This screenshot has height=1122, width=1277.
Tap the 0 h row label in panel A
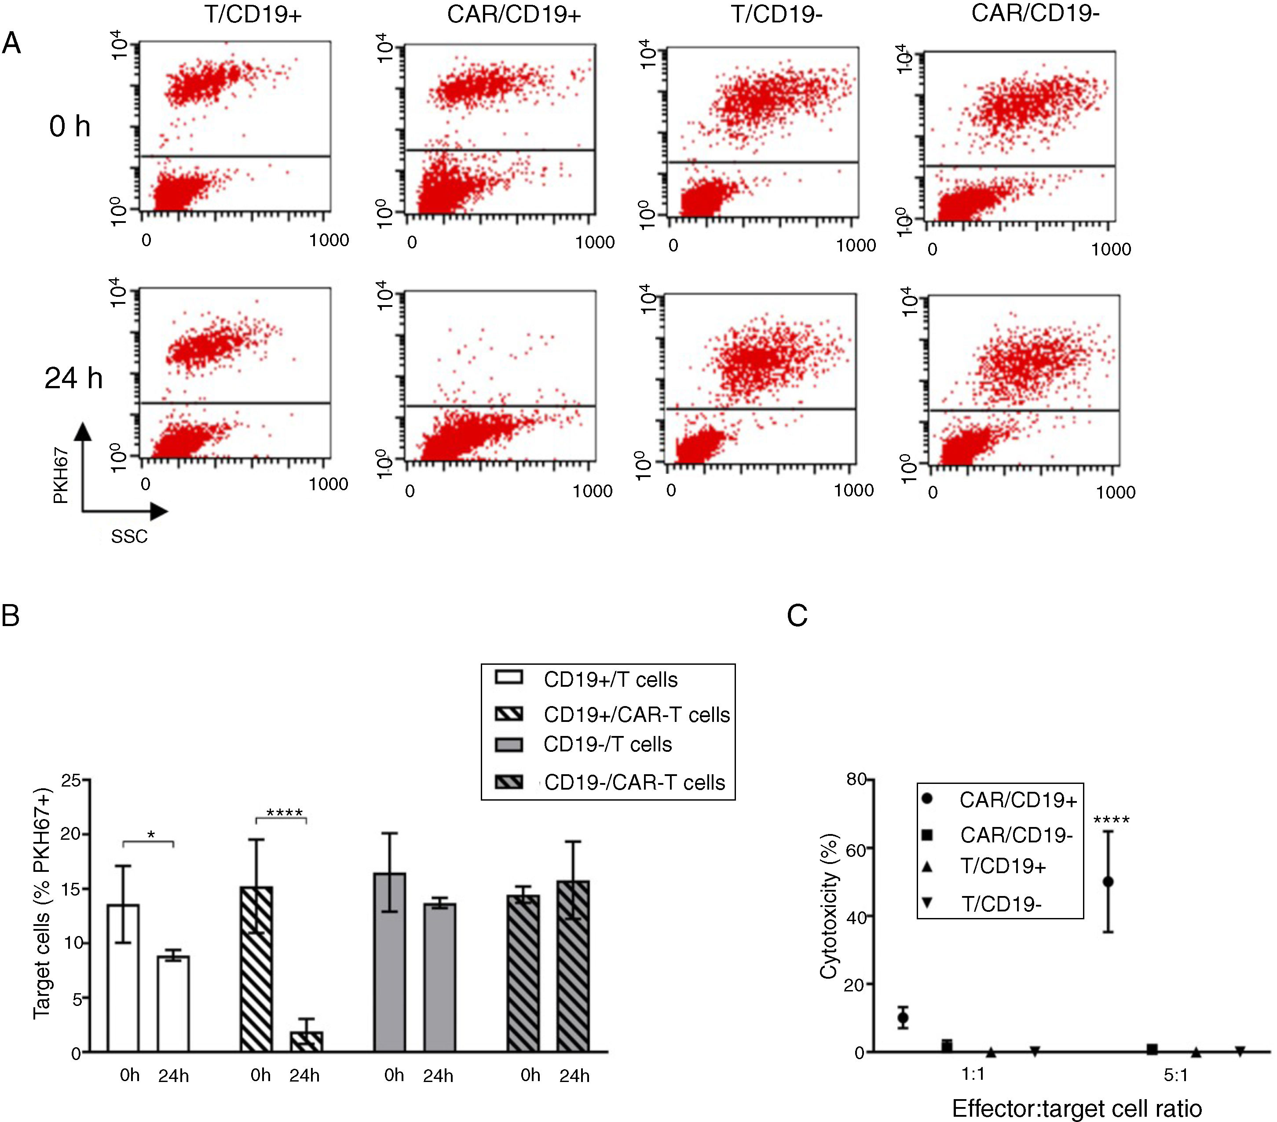(x=70, y=127)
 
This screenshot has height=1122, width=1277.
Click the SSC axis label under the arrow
(x=129, y=536)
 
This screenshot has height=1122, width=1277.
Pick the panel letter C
(x=797, y=616)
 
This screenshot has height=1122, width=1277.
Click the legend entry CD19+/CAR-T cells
(x=636, y=715)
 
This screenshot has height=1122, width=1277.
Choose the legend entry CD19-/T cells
(x=607, y=745)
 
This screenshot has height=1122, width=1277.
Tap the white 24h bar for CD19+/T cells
(x=173, y=1003)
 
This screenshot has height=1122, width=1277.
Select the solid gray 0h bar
(x=389, y=962)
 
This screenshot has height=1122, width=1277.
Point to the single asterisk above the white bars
(x=150, y=835)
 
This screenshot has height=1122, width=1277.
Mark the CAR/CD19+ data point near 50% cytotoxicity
(x=1109, y=882)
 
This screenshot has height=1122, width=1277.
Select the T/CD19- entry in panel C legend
(x=1001, y=904)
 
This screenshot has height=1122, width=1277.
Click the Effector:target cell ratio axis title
(x=1076, y=1108)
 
